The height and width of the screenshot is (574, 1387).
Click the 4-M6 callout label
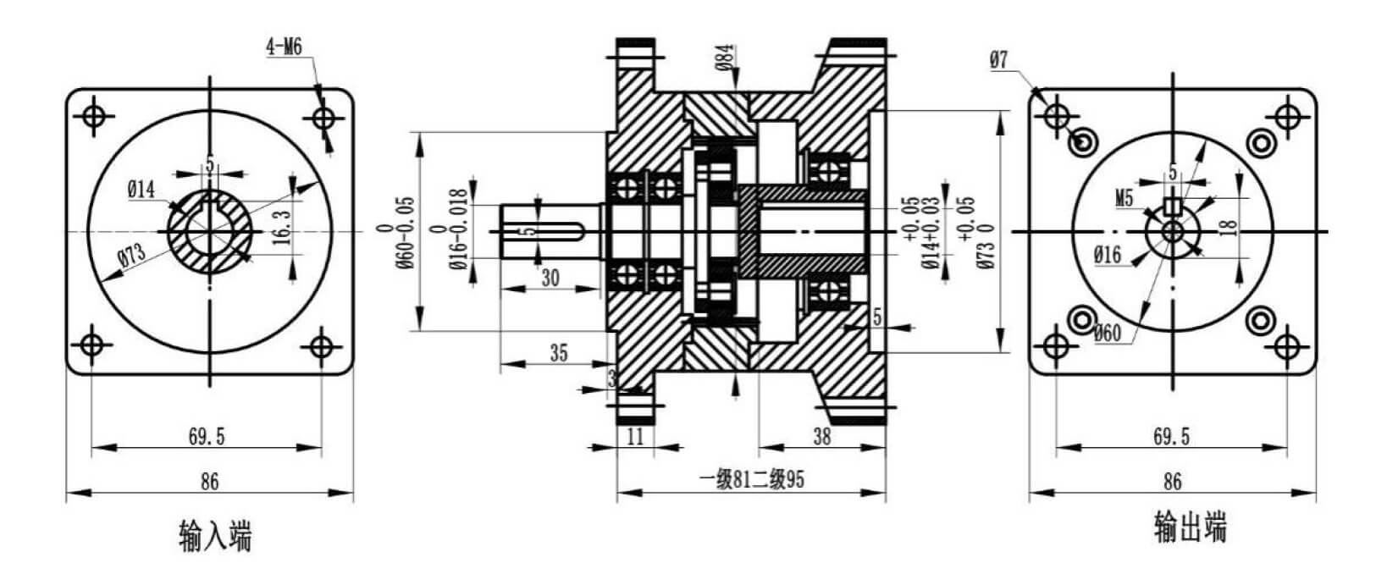pyautogui.click(x=285, y=47)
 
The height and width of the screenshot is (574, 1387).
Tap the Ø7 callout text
pyautogui.click(x=999, y=60)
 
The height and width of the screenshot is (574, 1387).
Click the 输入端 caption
pyautogui.click(x=215, y=536)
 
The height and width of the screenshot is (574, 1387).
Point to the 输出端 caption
pyautogui.click(x=1190, y=527)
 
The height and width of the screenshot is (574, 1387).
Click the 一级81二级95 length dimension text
pyautogui.click(x=752, y=479)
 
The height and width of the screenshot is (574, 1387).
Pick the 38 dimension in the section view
pyautogui.click(x=821, y=437)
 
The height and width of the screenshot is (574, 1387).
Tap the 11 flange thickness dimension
pyautogui.click(x=635, y=437)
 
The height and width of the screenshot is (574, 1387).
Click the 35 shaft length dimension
pyautogui.click(x=559, y=353)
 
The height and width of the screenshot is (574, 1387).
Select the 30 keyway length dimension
pyautogui.click(x=550, y=278)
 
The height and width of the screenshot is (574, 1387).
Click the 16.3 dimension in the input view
pyautogui.click(x=282, y=227)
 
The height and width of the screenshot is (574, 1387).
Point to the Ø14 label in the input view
pyautogui.click(x=141, y=189)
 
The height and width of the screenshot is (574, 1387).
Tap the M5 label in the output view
pyautogui.click(x=1125, y=198)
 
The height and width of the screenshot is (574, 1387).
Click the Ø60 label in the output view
pyautogui.click(x=1107, y=333)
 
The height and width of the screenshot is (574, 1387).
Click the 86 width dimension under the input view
pyautogui.click(x=210, y=481)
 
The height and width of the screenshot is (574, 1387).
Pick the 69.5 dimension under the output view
pyautogui.click(x=1172, y=437)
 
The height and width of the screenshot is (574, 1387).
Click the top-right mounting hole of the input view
pyautogui.click(x=323, y=117)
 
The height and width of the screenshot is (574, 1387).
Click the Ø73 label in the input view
pyautogui.click(x=132, y=255)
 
